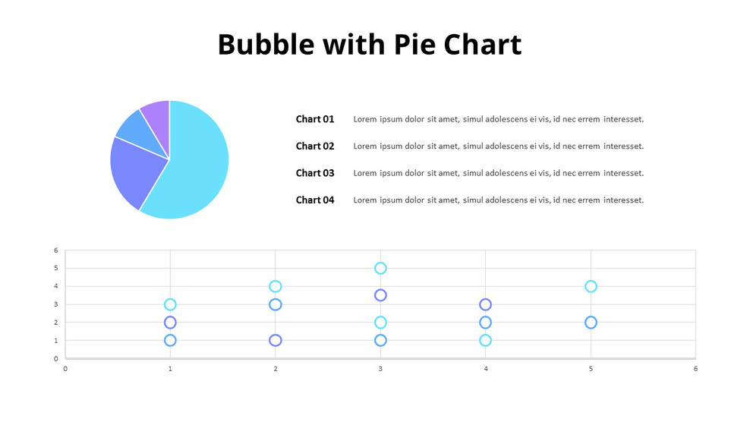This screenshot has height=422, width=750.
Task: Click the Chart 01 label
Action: [x=315, y=119]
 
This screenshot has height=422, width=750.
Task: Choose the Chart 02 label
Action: [x=315, y=146]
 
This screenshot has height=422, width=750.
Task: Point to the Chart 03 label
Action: [x=315, y=173]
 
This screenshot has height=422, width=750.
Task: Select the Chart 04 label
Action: [x=315, y=200]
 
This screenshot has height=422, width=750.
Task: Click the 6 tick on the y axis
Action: [x=55, y=250]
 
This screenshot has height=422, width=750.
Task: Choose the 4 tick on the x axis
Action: [x=486, y=369]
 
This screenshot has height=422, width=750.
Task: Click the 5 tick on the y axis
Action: [x=55, y=268]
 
